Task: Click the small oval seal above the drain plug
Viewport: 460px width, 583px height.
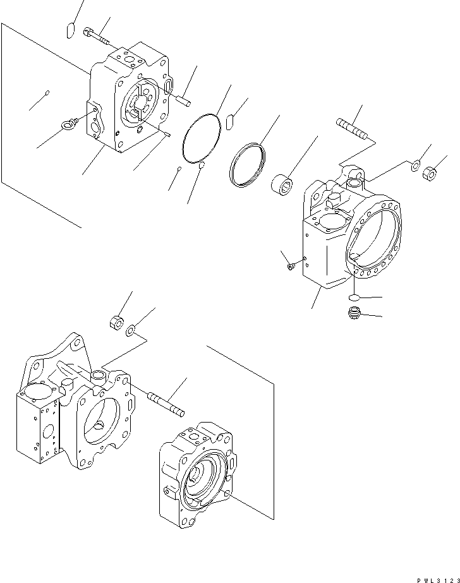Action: [356, 298]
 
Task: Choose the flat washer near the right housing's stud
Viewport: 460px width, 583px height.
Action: [415, 167]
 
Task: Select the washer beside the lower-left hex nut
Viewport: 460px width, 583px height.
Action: [130, 330]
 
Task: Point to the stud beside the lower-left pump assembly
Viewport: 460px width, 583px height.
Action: [166, 404]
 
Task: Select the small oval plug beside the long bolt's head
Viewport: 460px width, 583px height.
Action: [71, 30]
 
